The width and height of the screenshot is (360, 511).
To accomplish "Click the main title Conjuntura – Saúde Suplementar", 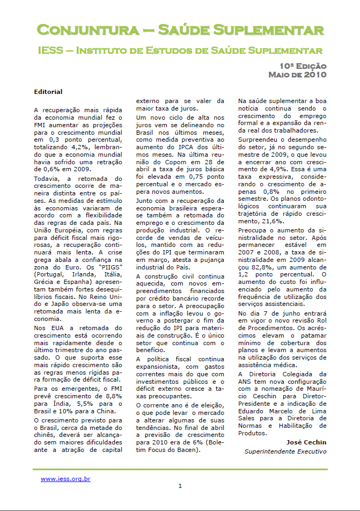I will pyautogui.click(x=180, y=29).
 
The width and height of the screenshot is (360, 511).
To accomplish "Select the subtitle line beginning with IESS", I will pyautogui.click(x=180, y=51).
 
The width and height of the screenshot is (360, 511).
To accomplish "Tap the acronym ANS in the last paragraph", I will pyautogui.click(x=245, y=382).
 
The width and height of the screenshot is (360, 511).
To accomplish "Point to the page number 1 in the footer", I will pyautogui.click(x=180, y=486).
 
